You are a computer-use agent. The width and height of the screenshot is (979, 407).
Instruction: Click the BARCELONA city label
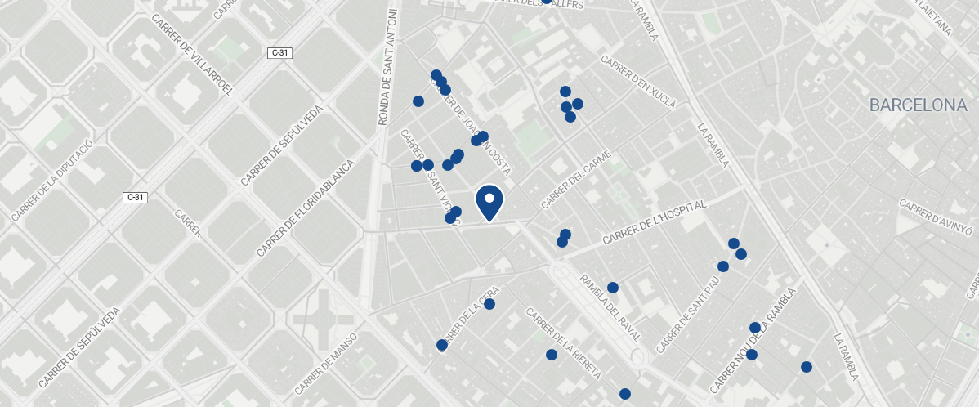click(918, 105)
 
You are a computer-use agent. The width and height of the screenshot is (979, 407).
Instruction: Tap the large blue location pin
click(489, 202)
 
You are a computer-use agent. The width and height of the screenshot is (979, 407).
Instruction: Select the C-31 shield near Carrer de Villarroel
click(279, 53)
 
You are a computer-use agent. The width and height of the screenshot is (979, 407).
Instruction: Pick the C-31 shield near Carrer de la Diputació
click(135, 197)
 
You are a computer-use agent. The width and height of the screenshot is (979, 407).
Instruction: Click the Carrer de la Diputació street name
click(54, 180)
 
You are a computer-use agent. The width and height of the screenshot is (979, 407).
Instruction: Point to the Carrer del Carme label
click(577, 179)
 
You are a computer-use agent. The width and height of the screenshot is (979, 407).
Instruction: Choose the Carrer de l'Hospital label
click(653, 223)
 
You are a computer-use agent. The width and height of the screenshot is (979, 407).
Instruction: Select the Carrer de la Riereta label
click(563, 343)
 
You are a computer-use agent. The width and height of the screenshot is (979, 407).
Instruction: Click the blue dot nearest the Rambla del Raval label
click(613, 288)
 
